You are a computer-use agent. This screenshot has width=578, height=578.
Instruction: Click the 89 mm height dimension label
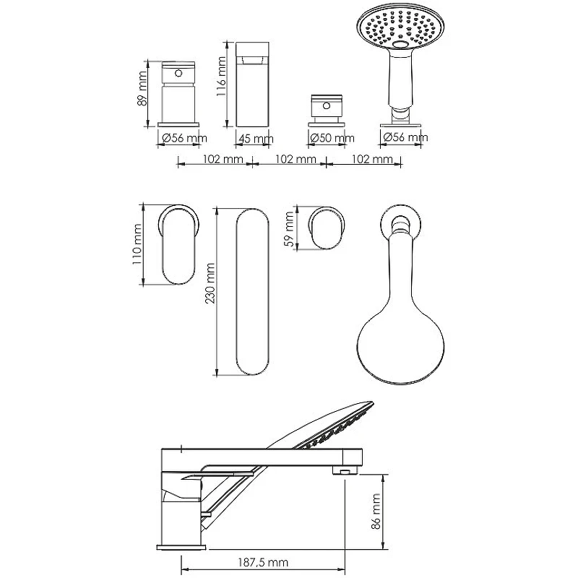142,89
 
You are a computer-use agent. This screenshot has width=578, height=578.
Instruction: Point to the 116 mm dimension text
221,77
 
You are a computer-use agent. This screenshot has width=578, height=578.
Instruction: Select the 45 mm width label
256,139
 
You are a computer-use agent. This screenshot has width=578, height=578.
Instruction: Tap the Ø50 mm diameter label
332,138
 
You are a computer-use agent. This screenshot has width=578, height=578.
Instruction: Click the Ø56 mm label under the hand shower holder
405,137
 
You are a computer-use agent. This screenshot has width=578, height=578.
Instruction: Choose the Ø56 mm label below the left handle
184,138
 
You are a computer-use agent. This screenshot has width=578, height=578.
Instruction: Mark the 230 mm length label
210,283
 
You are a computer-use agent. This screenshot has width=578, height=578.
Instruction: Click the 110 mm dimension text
137,244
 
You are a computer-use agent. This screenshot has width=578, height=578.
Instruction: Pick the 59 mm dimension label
290,229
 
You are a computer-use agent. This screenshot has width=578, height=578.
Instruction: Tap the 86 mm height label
376,512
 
